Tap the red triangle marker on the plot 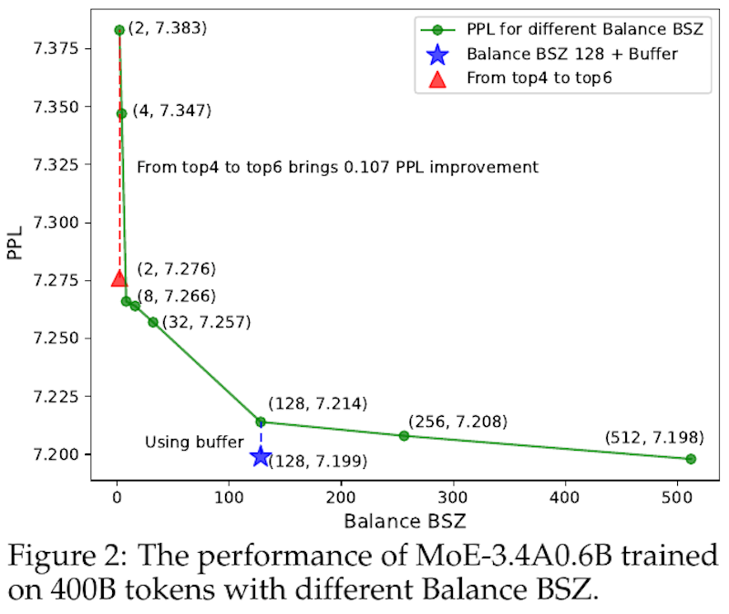(x=118, y=278)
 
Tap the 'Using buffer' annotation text (x=193, y=442)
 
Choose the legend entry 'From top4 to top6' (x=538, y=78)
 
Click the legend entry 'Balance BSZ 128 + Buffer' (x=571, y=54)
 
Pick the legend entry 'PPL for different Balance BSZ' (x=584, y=29)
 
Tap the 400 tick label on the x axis (x=566, y=498)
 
